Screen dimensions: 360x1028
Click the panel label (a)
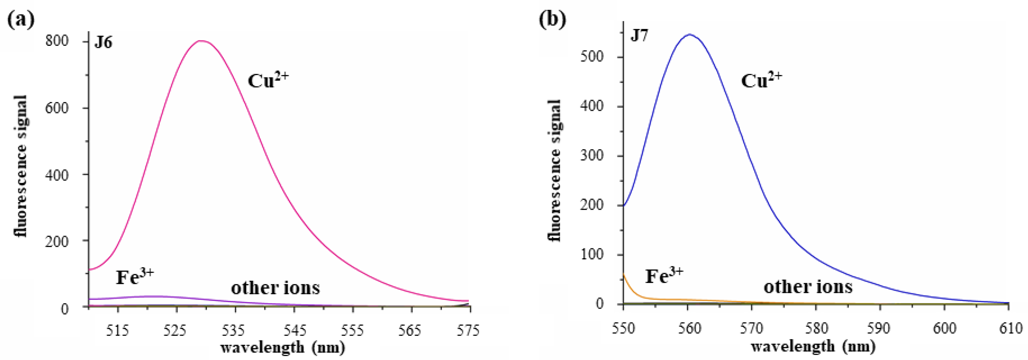[x=21, y=19]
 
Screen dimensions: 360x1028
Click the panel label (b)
[x=552, y=19]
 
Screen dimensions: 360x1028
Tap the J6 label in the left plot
[x=103, y=42]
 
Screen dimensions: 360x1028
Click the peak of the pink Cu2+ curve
[x=202, y=41]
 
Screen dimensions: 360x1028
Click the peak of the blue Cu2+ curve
[x=689, y=35]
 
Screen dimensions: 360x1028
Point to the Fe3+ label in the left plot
[x=134, y=276]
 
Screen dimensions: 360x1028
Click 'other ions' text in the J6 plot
[x=275, y=288]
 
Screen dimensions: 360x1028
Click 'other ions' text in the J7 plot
[x=808, y=287]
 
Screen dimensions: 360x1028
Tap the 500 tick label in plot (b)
[x=592, y=57]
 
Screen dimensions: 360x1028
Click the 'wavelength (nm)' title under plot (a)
[x=283, y=347]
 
